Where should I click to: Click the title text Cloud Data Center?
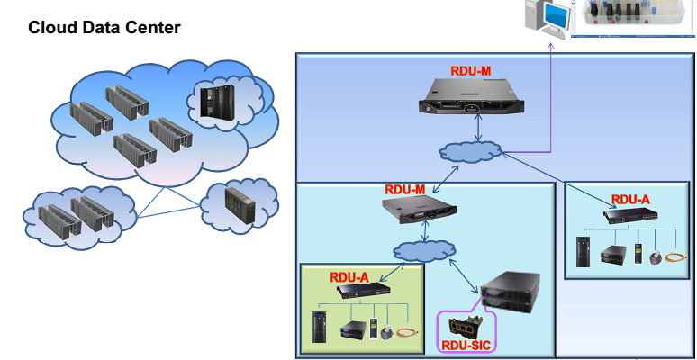pyautogui.click(x=104, y=29)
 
